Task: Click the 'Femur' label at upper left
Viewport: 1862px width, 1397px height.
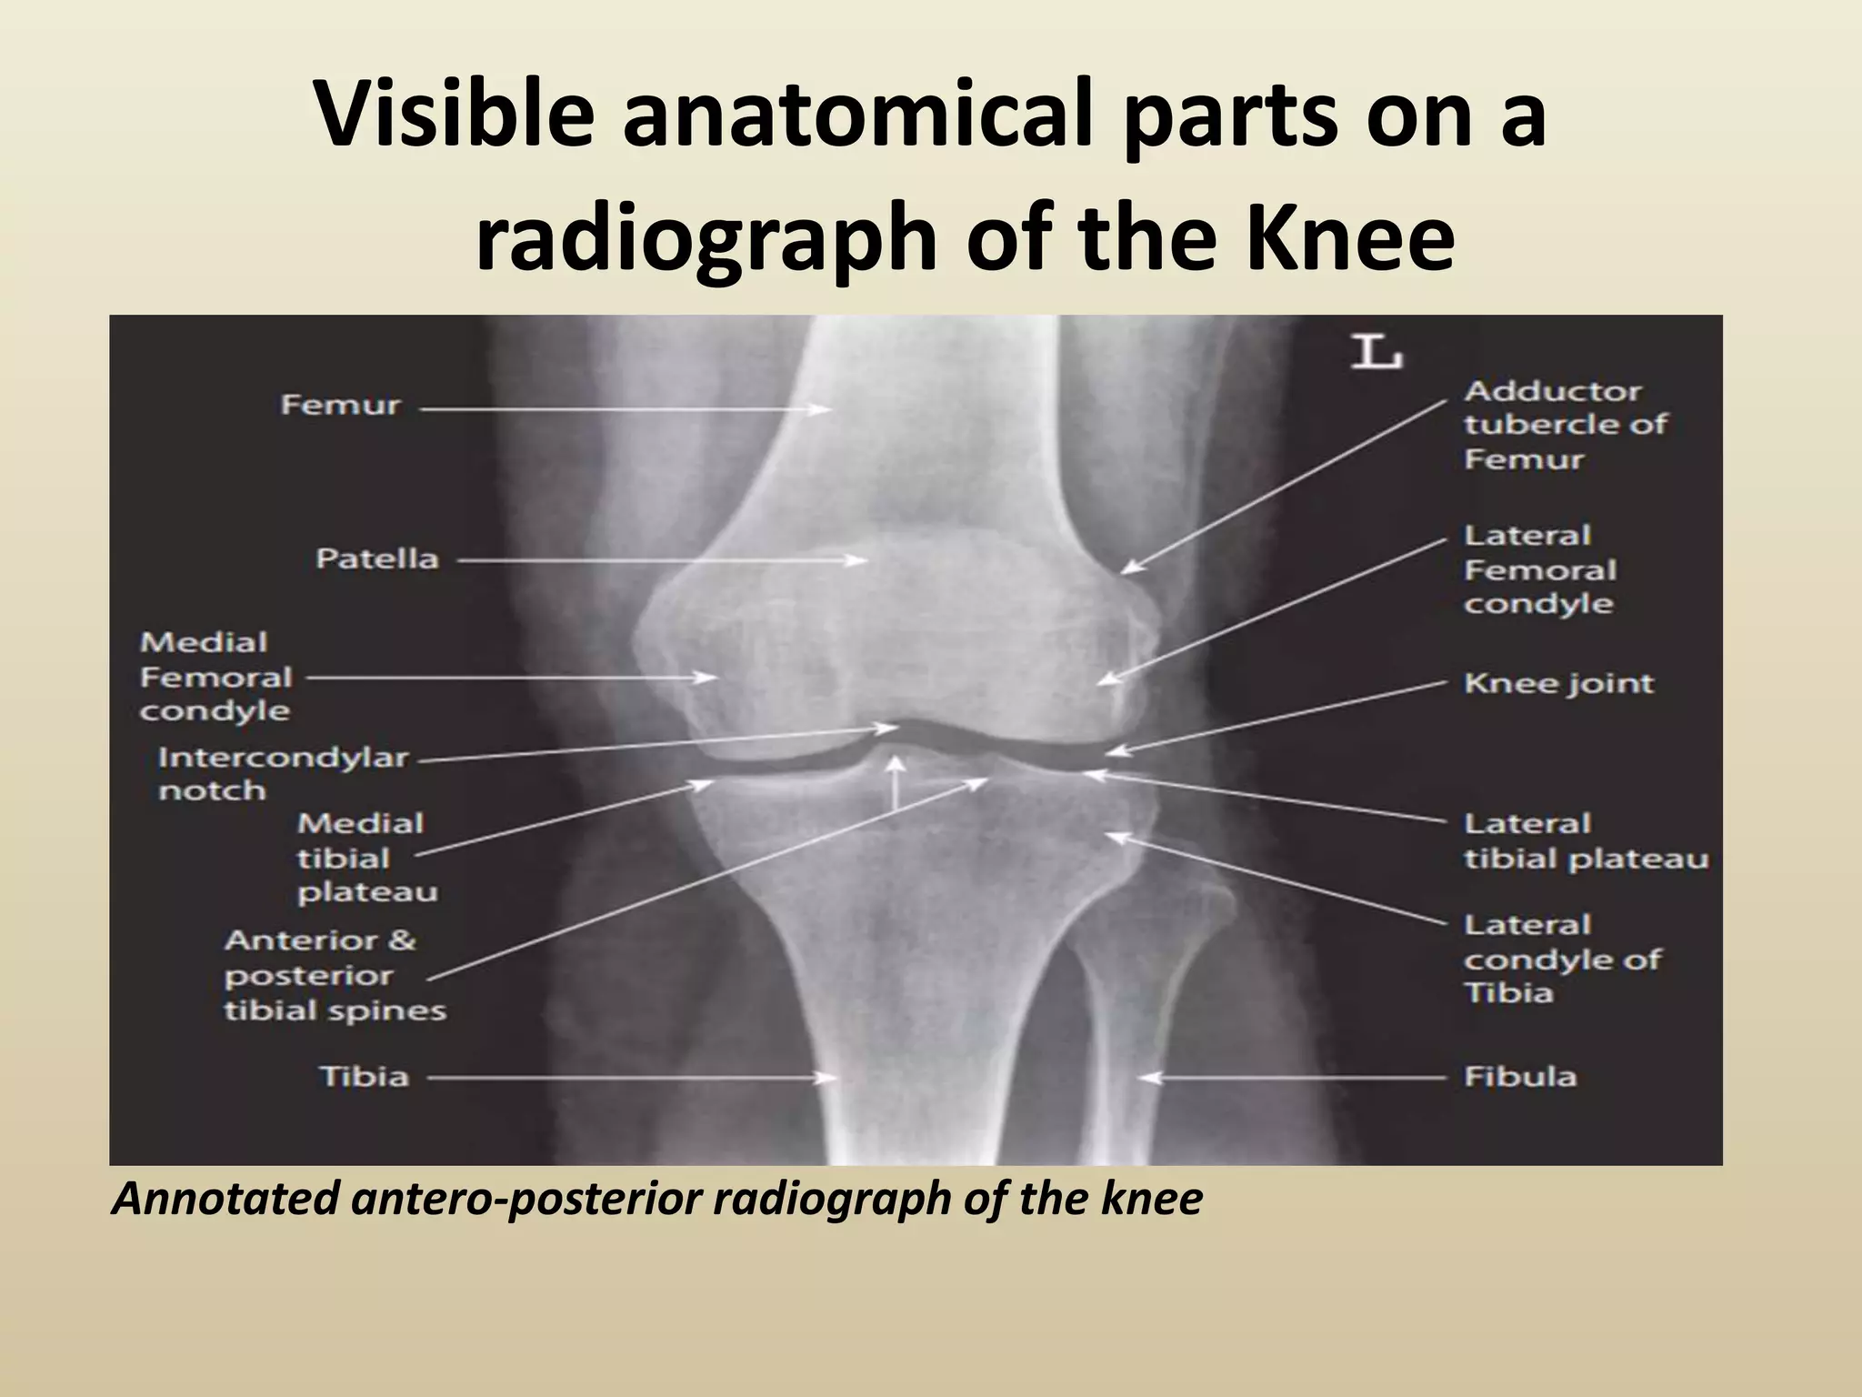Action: point(340,405)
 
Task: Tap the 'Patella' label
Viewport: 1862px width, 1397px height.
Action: point(376,558)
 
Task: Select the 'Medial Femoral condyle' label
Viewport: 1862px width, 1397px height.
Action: point(215,677)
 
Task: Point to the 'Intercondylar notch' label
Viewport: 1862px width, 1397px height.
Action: point(283,773)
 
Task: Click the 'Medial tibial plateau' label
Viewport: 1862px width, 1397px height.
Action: point(366,858)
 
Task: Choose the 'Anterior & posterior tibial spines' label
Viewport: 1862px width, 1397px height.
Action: point(335,975)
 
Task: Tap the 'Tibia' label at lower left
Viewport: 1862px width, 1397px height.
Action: point(364,1077)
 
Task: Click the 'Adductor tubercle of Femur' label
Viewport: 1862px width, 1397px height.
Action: point(1566,425)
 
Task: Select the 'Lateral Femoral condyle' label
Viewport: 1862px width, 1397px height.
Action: point(1540,569)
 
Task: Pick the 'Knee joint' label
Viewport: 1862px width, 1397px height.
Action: point(1558,684)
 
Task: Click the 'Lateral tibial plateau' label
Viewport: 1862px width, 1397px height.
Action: point(1586,841)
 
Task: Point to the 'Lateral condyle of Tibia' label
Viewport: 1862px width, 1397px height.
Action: point(1562,959)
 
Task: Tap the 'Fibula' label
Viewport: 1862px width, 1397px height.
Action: point(1519,1077)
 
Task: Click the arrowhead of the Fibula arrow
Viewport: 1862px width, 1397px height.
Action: point(1148,1078)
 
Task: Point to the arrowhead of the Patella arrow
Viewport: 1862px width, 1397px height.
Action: point(858,561)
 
